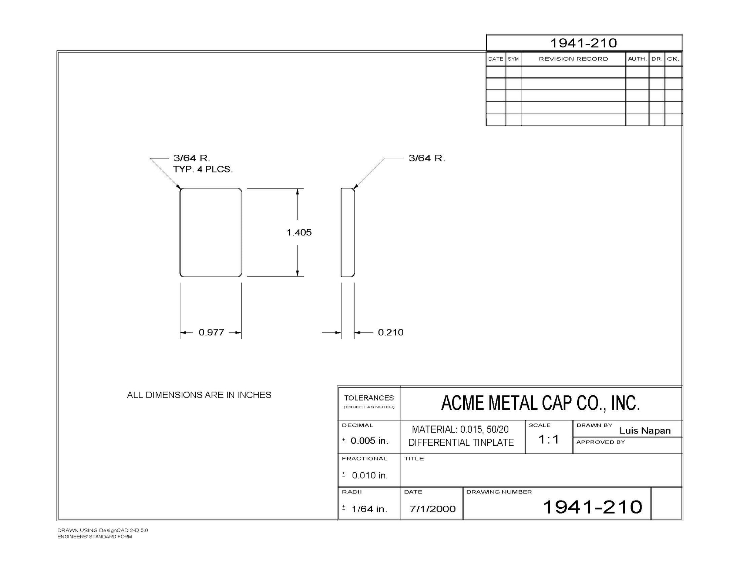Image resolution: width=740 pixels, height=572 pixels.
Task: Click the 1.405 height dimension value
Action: pyautogui.click(x=299, y=233)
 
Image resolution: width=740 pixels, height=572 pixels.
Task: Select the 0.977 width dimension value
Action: pyautogui.click(x=211, y=332)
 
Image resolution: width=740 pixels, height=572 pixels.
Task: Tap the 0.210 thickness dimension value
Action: pyautogui.click(x=390, y=332)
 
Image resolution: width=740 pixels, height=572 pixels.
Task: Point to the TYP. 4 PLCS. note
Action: pyautogui.click(x=203, y=170)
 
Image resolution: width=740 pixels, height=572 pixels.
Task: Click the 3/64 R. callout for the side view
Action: pyautogui.click(x=427, y=158)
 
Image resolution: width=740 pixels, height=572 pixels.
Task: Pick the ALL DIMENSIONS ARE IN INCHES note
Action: pyautogui.click(x=199, y=395)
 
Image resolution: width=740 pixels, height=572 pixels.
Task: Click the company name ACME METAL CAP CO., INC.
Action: pyautogui.click(x=540, y=403)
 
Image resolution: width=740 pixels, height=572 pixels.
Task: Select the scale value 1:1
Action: pyautogui.click(x=548, y=439)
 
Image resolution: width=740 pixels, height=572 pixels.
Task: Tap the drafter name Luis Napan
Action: pyautogui.click(x=645, y=431)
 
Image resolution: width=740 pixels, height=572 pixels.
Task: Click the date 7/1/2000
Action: pyautogui.click(x=433, y=509)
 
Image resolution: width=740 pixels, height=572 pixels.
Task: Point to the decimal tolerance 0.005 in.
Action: pyautogui.click(x=369, y=441)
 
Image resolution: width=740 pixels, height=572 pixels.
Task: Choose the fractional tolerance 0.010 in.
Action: pyautogui.click(x=370, y=475)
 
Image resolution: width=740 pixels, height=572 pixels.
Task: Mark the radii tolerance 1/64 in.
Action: pyautogui.click(x=369, y=509)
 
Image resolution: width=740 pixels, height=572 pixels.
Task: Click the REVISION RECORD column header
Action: pyautogui.click(x=573, y=59)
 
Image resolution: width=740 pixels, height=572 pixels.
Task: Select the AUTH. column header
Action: pyautogui.click(x=637, y=59)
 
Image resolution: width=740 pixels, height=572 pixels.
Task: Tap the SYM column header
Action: pyautogui.click(x=513, y=59)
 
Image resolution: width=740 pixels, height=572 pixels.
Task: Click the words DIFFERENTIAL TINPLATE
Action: pyautogui.click(x=461, y=442)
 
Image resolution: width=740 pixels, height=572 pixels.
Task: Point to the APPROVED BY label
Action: pyautogui.click(x=601, y=442)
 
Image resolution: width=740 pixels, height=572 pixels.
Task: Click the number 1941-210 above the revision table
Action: pyautogui.click(x=583, y=43)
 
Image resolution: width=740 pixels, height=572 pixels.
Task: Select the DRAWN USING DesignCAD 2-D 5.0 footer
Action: pyautogui.click(x=102, y=530)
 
